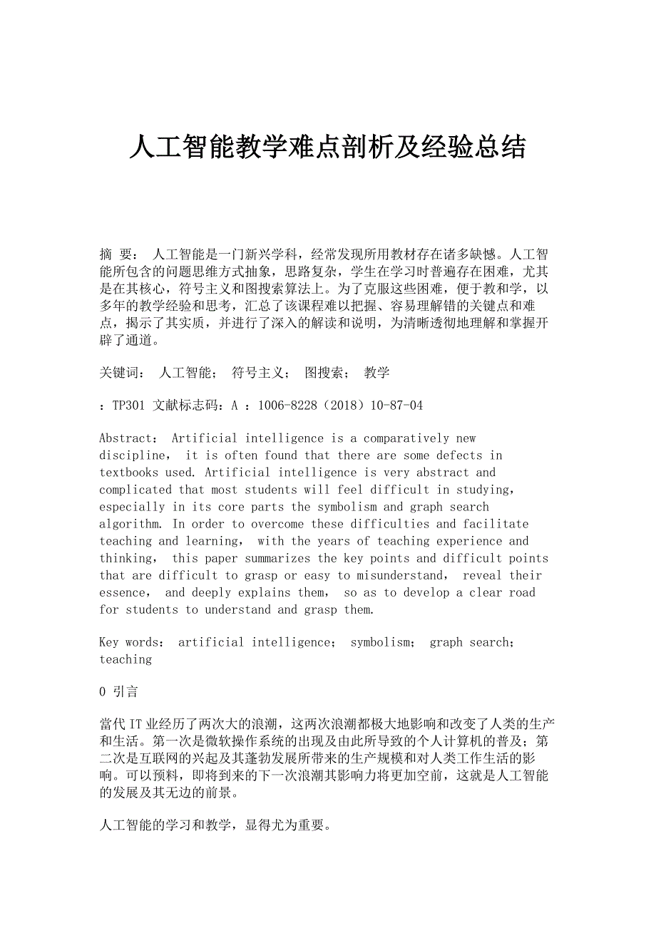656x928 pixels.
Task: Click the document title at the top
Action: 327,148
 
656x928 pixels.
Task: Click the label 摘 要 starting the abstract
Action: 118,254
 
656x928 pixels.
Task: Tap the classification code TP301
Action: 129,406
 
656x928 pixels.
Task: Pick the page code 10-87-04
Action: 396,406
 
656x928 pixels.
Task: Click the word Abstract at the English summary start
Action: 126,438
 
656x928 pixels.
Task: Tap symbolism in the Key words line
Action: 380,642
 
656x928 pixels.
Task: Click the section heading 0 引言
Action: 118,691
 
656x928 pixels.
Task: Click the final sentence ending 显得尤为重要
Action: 214,825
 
